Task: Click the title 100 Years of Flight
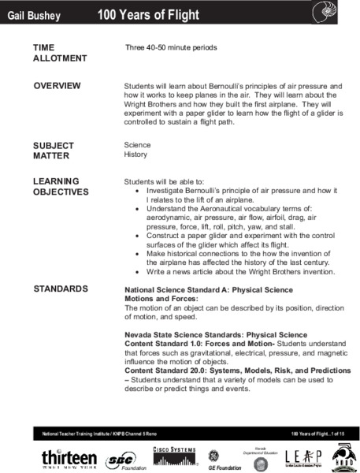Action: pos(148,15)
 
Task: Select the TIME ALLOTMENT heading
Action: pos(60,53)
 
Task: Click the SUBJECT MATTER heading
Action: pos(54,151)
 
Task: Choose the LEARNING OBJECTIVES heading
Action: pos(61,186)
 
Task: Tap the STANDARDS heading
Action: pos(61,289)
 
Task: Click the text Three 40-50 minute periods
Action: pos(171,48)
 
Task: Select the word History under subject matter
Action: pos(136,155)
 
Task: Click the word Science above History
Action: pos(137,146)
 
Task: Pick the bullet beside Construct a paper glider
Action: pos(139,236)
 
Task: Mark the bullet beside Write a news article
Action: pos(139,272)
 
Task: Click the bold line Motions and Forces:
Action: pos(161,300)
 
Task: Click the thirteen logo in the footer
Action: pos(69,458)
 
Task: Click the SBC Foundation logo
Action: pos(121,459)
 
